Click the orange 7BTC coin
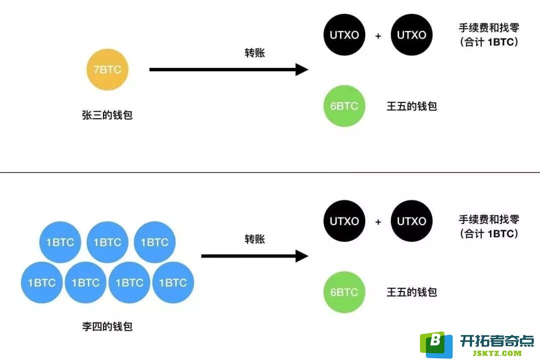(107, 69)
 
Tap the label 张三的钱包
(107, 115)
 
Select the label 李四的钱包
(107, 326)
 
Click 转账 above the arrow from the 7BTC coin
(255, 53)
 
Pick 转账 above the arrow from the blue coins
(255, 239)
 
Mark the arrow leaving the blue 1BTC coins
(255, 256)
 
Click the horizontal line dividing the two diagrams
(270, 172)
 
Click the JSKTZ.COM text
(497, 353)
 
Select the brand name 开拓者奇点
(497, 340)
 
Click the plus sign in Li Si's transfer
(378, 222)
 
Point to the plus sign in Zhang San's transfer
(378, 36)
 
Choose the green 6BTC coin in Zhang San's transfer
(344, 106)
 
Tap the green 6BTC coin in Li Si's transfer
(344, 292)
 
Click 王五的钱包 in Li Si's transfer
(412, 292)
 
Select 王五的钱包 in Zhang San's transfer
(412, 106)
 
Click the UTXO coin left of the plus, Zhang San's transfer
(344, 35)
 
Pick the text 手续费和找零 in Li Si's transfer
(489, 219)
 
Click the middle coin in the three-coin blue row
(107, 242)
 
